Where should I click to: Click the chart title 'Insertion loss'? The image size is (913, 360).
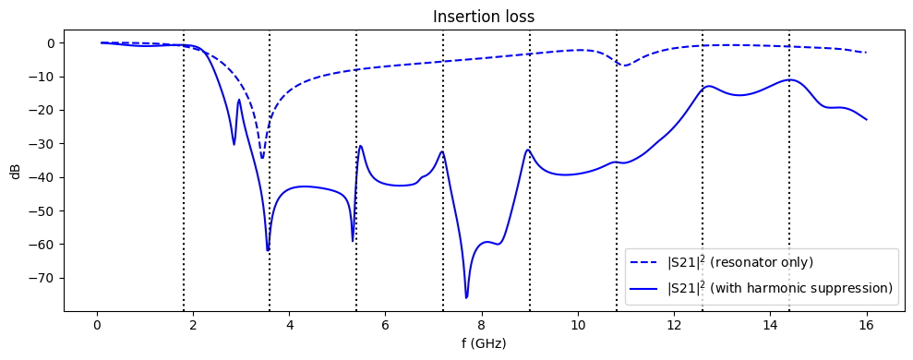tap(485, 16)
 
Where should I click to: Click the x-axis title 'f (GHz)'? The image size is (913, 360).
tap(485, 343)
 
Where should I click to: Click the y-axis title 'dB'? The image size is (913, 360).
tap(16, 171)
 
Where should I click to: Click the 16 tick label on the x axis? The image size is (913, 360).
tap(866, 324)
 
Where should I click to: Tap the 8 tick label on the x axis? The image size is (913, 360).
tap(482, 324)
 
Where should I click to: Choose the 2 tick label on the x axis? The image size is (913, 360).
tap(193, 324)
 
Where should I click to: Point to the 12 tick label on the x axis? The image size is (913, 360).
tap(674, 324)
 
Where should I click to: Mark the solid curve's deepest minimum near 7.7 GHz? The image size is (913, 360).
tap(466, 297)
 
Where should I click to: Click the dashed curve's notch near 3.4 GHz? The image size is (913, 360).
tap(262, 158)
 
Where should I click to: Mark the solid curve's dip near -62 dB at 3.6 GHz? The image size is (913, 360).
tap(268, 250)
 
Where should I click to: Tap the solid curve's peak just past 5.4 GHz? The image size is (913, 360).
tap(361, 146)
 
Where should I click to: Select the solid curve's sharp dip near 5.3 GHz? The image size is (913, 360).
tap(353, 241)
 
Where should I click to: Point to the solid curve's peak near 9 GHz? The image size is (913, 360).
tap(527, 150)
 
